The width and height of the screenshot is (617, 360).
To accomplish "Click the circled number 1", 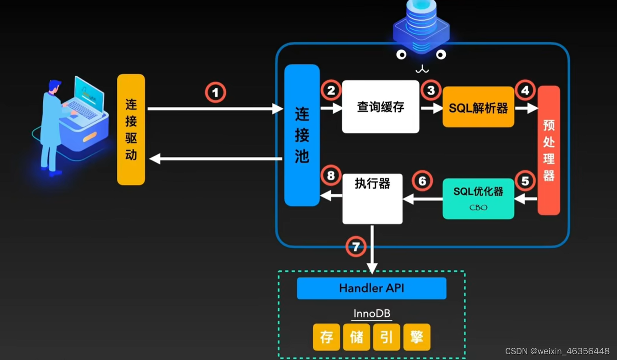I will pyautogui.click(x=215, y=92).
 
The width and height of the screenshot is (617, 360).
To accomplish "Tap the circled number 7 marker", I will pyautogui.click(x=356, y=246).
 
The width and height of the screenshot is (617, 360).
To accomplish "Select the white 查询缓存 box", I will pyautogui.click(x=380, y=107).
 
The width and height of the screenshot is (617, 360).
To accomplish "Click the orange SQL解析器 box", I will pyautogui.click(x=478, y=107).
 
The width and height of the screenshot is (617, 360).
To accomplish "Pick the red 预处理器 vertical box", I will pyautogui.click(x=548, y=150).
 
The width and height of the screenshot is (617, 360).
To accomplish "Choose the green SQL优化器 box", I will pyautogui.click(x=478, y=198).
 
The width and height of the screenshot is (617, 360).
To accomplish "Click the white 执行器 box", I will pyautogui.click(x=372, y=198).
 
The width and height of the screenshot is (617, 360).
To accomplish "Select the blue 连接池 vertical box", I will pyautogui.click(x=302, y=135).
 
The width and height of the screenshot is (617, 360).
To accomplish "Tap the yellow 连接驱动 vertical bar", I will pyautogui.click(x=131, y=130).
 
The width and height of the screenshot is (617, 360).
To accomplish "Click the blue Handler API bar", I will pyautogui.click(x=371, y=288).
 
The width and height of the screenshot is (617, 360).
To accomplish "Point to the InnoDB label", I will pyautogui.click(x=371, y=313).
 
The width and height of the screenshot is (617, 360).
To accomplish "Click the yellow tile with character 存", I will pyautogui.click(x=326, y=337).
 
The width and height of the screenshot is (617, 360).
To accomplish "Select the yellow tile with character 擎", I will pyautogui.click(x=417, y=337).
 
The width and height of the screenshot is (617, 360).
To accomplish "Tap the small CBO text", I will pyautogui.click(x=478, y=208).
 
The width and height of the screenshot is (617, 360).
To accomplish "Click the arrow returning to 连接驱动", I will pyautogui.click(x=216, y=159).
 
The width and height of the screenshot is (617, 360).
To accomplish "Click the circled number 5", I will pyautogui.click(x=525, y=181).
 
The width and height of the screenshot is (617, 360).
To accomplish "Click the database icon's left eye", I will pyautogui.click(x=401, y=55).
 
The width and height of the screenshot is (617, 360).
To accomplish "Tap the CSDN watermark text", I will pyautogui.click(x=557, y=351).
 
